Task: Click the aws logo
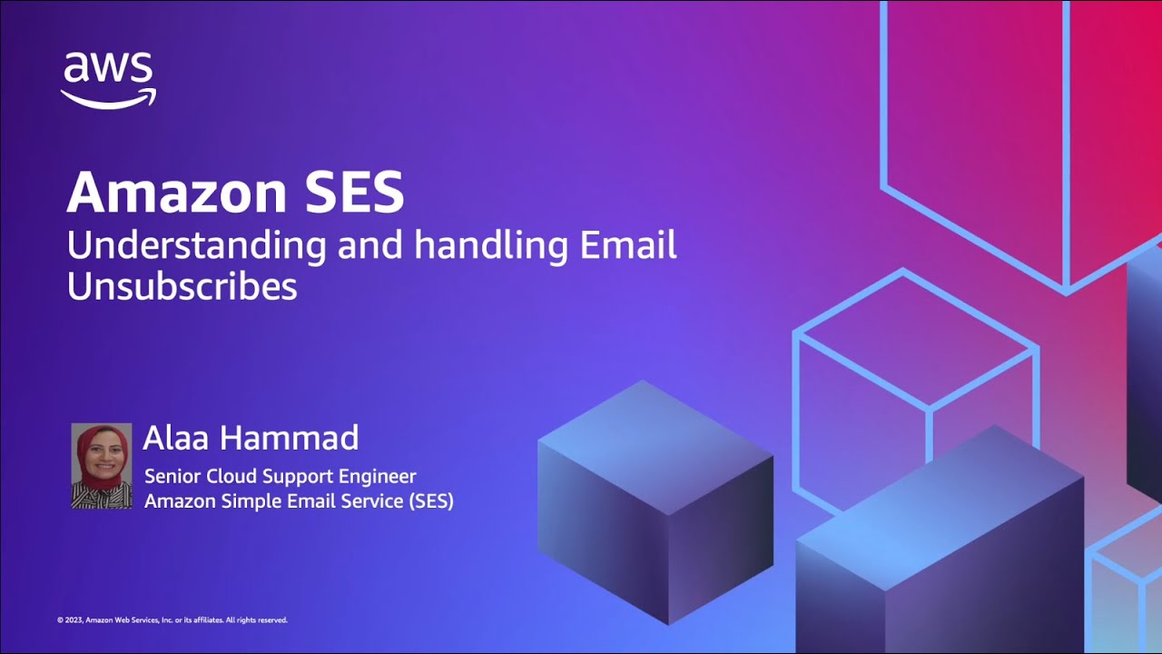[x=108, y=81]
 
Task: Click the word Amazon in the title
[x=176, y=192]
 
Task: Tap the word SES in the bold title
[x=354, y=192]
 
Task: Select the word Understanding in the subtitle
[x=197, y=246]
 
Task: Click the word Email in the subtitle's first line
[x=627, y=244]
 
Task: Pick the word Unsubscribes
[x=182, y=286]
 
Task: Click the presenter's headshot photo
[x=101, y=466]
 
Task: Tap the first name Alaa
[x=175, y=438]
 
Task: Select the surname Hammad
[x=289, y=438]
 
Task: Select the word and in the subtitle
[x=369, y=246]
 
